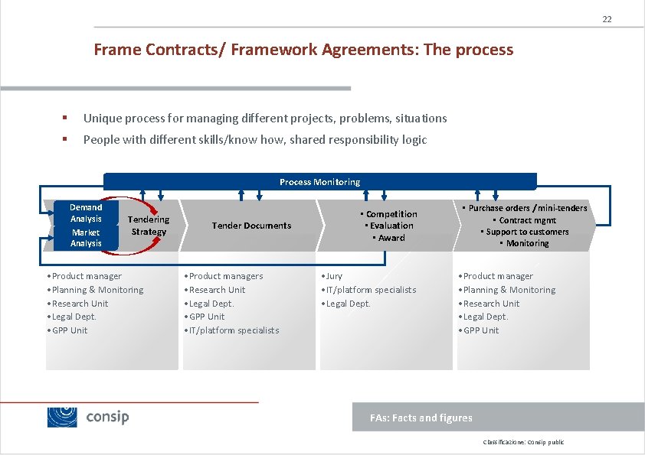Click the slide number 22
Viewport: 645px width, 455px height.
[607, 19]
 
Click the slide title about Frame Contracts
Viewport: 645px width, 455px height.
[303, 50]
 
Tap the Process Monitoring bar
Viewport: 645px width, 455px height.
[319, 182]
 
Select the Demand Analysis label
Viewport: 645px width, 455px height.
[86, 213]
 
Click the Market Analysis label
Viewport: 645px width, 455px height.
[86, 238]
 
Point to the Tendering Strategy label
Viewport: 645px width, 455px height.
[149, 226]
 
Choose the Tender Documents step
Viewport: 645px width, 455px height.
[251, 226]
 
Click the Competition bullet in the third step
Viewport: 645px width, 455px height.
[391, 214]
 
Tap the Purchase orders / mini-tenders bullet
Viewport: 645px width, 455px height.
[527, 208]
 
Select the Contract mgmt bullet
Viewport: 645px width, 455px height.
[526, 220]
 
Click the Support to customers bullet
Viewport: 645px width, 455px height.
[525, 232]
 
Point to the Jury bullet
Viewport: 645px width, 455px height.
[333, 276]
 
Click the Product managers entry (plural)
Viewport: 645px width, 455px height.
[224, 276]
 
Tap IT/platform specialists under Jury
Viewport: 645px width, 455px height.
[369, 290]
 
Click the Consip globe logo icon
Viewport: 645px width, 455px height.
[62, 417]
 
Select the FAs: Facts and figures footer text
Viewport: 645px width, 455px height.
[421, 418]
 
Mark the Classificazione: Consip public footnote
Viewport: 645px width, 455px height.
[523, 443]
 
